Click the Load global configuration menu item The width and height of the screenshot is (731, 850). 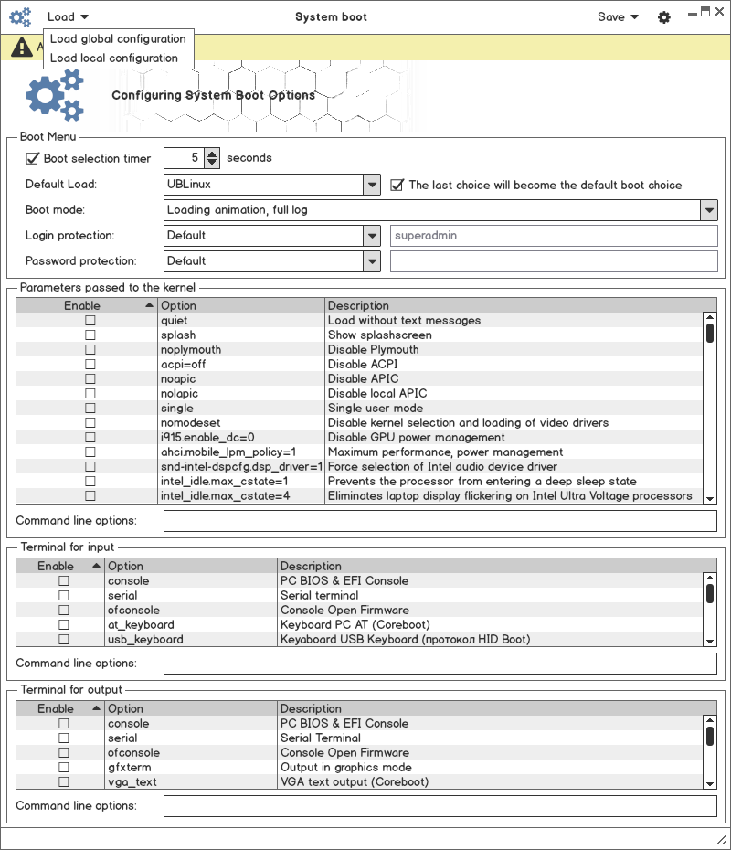click(x=118, y=38)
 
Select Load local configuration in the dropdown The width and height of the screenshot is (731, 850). click(x=114, y=58)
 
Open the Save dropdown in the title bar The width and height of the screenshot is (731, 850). click(x=618, y=16)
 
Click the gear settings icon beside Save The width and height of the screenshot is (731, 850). click(x=664, y=16)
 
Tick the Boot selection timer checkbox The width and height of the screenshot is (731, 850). click(x=32, y=158)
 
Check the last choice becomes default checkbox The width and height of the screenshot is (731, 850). click(x=397, y=185)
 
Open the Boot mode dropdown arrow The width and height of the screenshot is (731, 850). click(x=709, y=210)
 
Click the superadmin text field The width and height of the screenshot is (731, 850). click(x=554, y=236)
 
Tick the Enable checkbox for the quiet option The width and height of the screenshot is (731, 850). click(x=90, y=321)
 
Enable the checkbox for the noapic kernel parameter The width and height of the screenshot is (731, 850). click(x=90, y=379)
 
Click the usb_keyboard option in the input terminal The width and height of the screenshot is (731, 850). click(x=145, y=640)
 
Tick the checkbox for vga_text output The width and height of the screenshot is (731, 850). click(x=64, y=782)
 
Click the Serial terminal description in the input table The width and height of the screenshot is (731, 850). click(x=319, y=596)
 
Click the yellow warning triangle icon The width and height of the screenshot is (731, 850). click(x=20, y=47)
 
